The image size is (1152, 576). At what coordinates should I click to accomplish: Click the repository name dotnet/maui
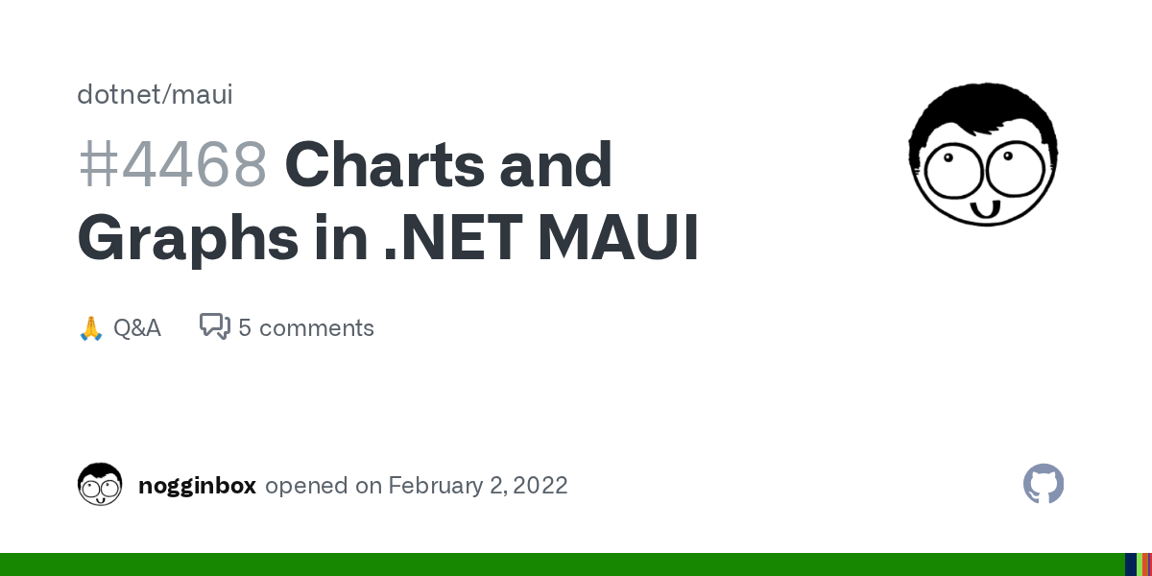(155, 95)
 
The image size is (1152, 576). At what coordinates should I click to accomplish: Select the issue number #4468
(172, 164)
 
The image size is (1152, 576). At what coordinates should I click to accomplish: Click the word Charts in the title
(385, 164)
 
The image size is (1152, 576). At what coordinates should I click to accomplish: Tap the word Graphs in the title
(188, 239)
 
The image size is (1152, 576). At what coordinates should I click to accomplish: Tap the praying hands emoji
(91, 328)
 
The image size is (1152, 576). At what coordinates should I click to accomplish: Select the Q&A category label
(136, 328)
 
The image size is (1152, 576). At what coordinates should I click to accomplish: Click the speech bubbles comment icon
(215, 326)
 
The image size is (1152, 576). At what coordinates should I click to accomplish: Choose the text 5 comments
(306, 328)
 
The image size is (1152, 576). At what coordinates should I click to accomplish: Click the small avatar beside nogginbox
(100, 484)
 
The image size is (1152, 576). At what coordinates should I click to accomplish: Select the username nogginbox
(197, 486)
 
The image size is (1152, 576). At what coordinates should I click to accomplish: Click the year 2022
(540, 486)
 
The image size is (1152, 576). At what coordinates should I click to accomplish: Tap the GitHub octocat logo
(1044, 484)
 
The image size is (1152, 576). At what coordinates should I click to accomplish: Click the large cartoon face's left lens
(953, 170)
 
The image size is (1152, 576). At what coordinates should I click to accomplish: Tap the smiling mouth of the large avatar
(985, 209)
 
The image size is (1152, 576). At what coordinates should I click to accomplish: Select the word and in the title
(556, 164)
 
